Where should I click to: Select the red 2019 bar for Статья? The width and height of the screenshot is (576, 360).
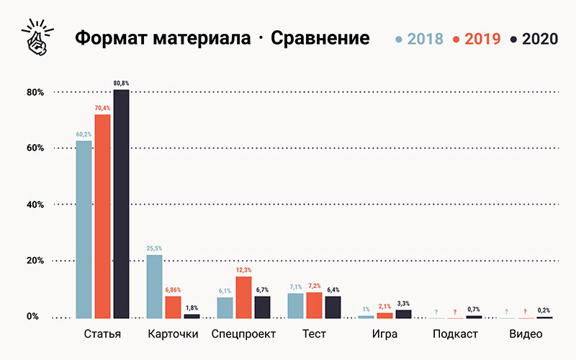102,216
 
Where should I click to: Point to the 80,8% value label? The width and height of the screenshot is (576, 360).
121,84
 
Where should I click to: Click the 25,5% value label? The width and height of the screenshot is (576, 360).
154,248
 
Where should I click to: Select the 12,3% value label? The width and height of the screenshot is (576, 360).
243,270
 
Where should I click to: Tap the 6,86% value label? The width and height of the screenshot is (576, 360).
173,289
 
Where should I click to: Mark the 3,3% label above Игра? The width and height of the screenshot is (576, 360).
403,303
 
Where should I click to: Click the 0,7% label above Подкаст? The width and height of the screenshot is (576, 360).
474,310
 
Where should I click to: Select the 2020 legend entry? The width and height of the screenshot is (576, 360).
534,39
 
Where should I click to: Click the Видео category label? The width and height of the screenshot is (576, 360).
526,335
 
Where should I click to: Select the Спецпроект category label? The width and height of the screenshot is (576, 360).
243,335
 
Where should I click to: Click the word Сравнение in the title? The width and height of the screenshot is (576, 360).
320,38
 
